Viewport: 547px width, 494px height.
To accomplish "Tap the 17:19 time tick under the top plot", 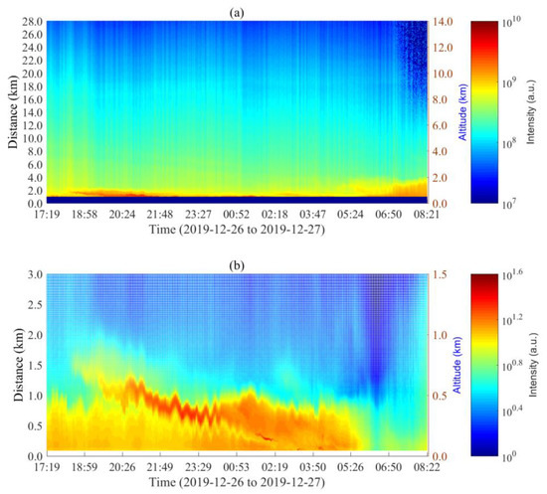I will pos(48,213).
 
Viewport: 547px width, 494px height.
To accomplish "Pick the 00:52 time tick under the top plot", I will pos(239,213).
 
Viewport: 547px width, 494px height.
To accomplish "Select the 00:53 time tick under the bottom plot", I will pos(239,464).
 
